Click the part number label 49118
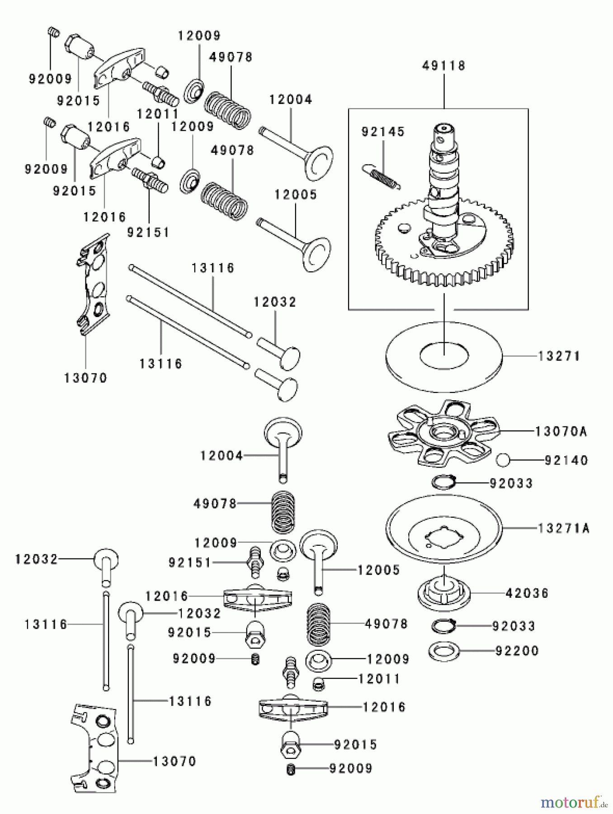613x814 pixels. (443, 66)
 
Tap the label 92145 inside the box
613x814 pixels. (383, 132)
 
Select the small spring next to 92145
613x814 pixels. (381, 176)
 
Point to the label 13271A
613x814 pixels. (564, 528)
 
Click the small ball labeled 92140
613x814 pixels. (503, 460)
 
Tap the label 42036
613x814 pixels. (527, 593)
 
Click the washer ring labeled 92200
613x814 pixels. (444, 651)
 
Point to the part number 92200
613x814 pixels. (517, 651)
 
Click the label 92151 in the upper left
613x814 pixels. (148, 233)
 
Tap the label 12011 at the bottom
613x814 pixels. (379, 679)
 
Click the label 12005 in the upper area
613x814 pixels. (296, 195)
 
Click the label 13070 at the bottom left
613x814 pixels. (174, 762)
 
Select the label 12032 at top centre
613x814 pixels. (274, 302)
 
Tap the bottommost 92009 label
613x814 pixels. (351, 768)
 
